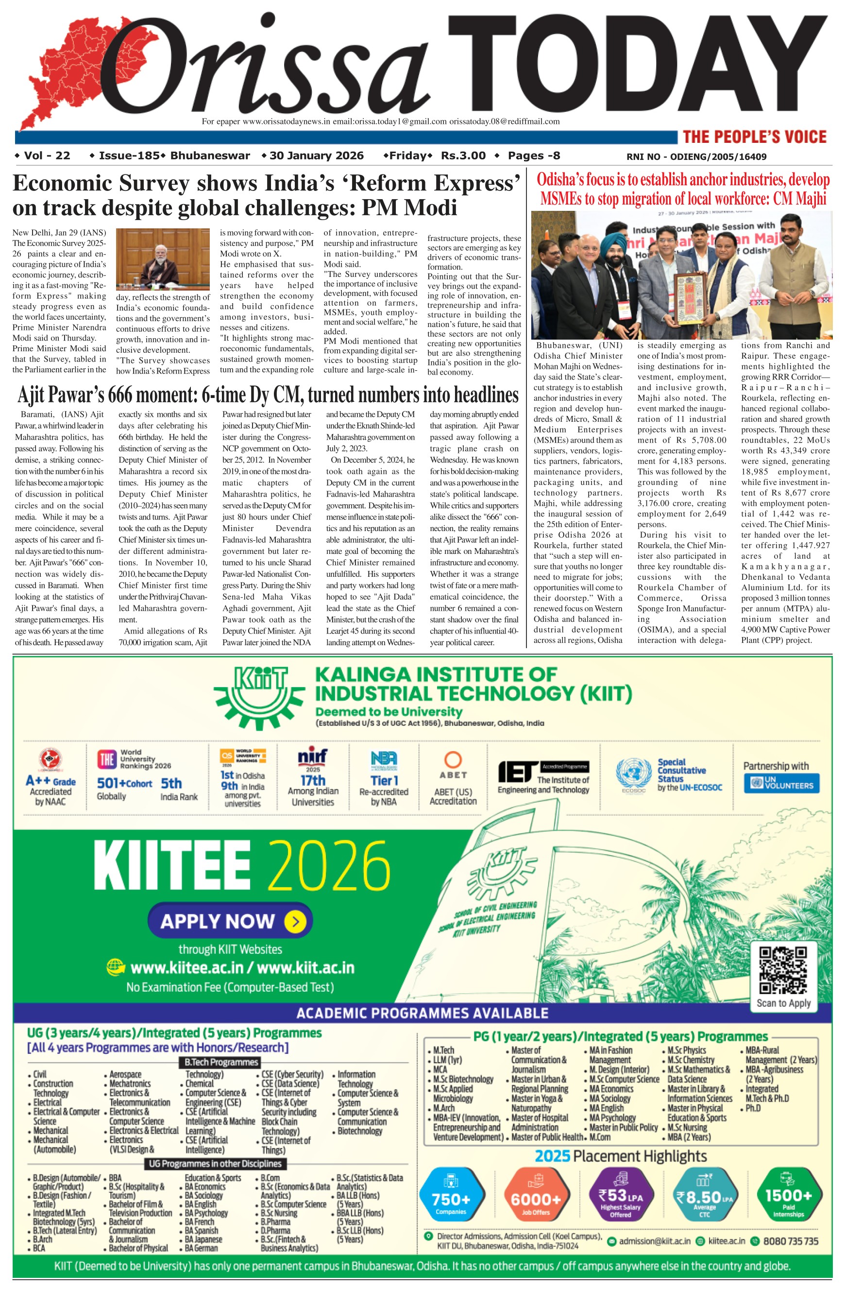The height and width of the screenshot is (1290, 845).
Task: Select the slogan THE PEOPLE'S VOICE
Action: coord(754,137)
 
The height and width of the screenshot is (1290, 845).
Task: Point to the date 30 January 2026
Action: coord(316,156)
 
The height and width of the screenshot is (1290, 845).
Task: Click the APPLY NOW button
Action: coord(230,920)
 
